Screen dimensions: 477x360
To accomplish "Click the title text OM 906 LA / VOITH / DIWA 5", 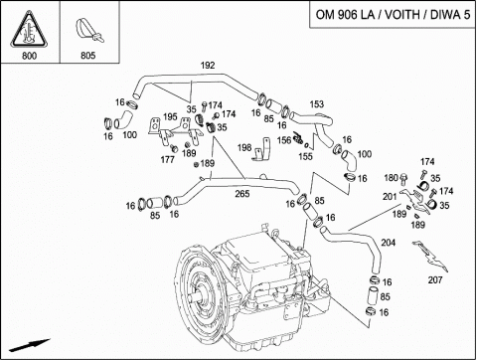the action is tap(393, 15).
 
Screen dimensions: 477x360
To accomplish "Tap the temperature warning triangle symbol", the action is tap(29, 30).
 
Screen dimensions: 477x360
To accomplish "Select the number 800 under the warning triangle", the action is tap(29, 56).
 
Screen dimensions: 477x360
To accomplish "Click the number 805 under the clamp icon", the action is tap(88, 56).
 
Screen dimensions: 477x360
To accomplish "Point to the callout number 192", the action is tap(208, 66).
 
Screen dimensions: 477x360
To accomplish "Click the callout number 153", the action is tap(317, 104).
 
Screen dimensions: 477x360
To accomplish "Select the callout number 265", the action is tap(242, 194).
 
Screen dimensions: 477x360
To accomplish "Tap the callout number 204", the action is tap(389, 243).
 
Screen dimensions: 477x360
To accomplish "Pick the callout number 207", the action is tap(435, 280).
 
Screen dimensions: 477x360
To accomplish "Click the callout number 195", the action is tap(170, 116).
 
